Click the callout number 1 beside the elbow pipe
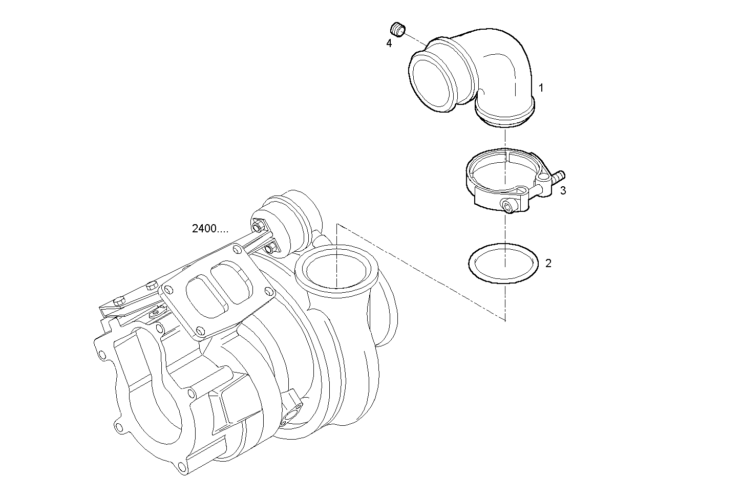(x=541, y=88)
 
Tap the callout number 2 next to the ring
(x=548, y=264)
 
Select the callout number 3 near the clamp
(x=563, y=191)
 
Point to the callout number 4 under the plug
(x=389, y=44)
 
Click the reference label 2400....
(x=210, y=229)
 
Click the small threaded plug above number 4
(x=398, y=29)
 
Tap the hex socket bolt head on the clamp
(x=507, y=207)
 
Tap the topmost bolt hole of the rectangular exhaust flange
(x=236, y=249)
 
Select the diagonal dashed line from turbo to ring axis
(x=420, y=271)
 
